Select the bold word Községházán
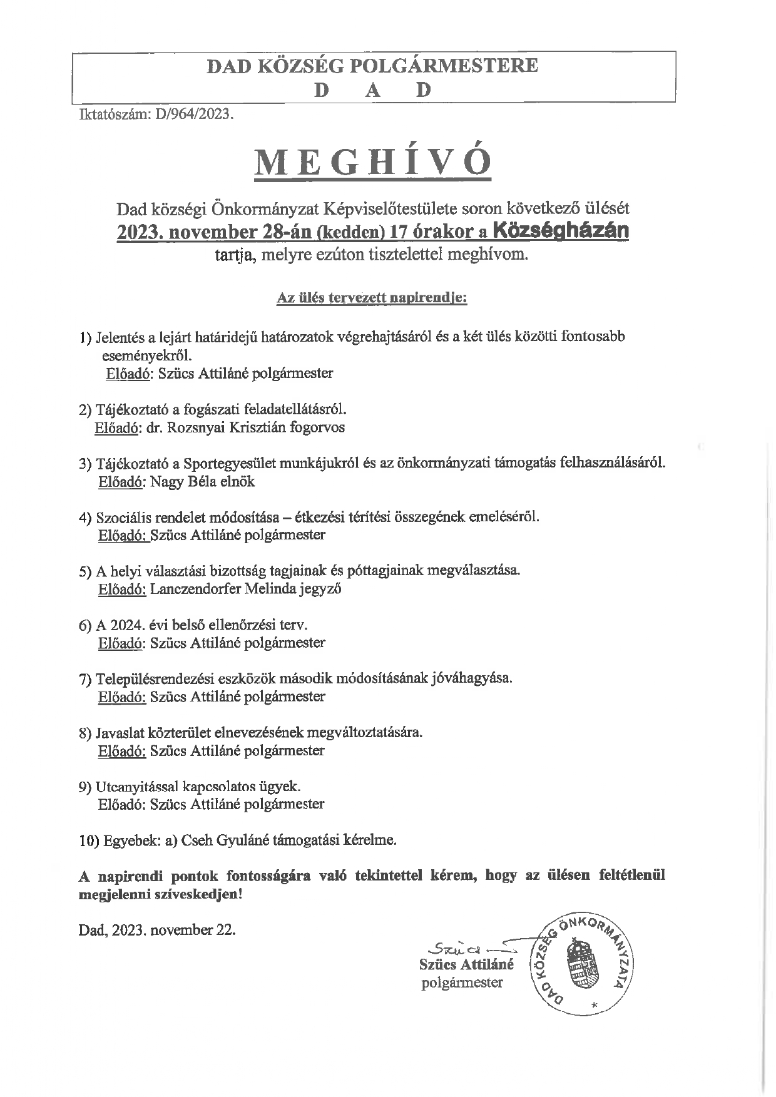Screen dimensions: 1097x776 (x=561, y=231)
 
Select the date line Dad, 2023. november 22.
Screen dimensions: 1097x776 (x=157, y=929)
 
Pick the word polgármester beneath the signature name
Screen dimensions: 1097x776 (x=462, y=982)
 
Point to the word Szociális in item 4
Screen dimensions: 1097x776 (x=123, y=518)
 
